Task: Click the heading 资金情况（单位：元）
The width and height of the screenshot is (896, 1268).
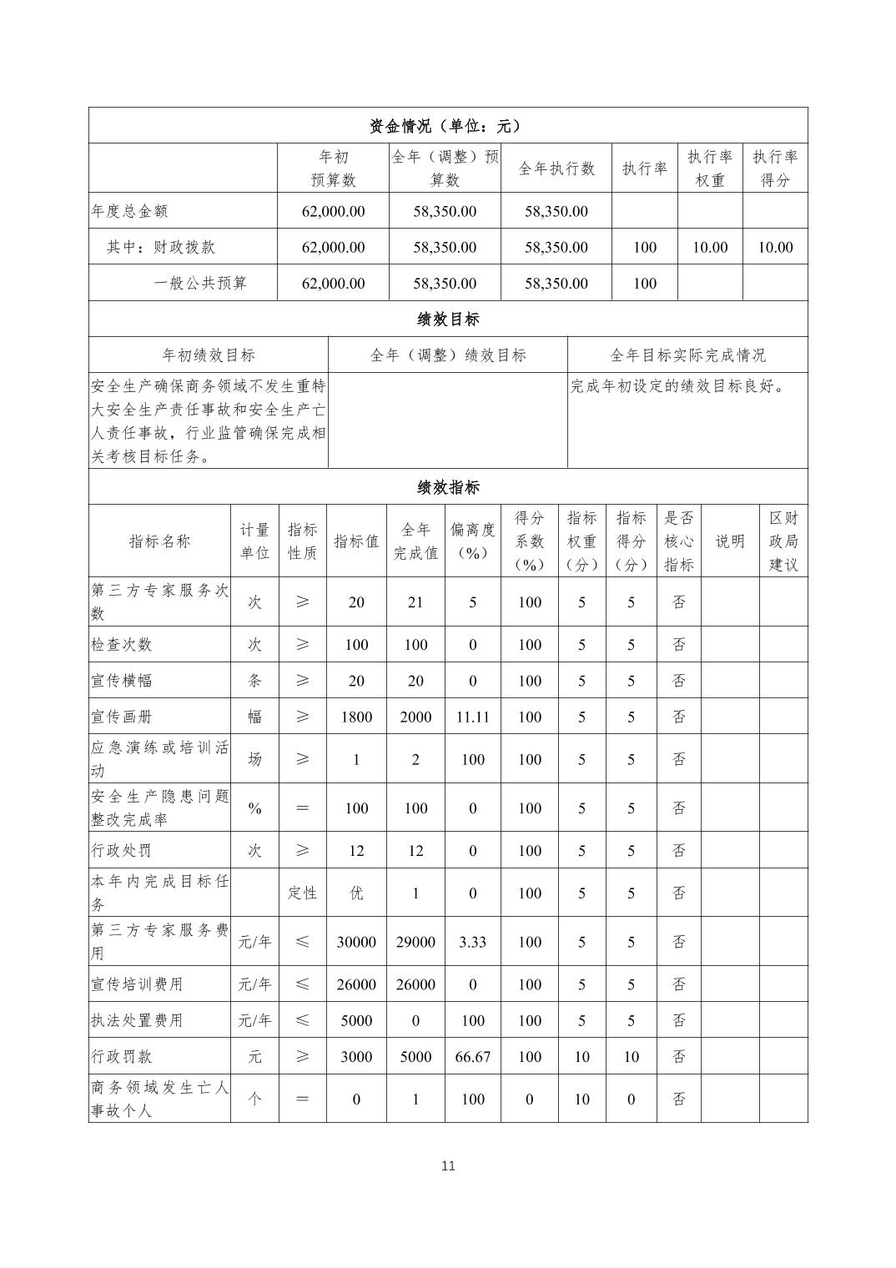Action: point(447,126)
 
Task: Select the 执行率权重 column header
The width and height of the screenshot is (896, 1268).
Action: point(709,169)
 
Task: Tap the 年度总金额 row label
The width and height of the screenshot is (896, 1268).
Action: point(129,211)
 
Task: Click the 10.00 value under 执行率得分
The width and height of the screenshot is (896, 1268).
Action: point(775,247)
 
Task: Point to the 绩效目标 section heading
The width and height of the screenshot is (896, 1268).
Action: point(448,319)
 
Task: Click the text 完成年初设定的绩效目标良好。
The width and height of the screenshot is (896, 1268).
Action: point(678,386)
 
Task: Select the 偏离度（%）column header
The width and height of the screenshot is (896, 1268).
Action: point(472,541)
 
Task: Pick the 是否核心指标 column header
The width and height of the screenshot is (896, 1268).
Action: point(679,541)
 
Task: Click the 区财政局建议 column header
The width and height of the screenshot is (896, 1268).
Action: point(783,541)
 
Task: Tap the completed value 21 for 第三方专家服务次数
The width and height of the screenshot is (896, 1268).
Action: point(415,602)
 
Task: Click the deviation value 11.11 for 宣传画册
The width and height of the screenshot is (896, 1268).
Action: point(472,717)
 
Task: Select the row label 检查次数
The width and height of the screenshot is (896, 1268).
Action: point(122,645)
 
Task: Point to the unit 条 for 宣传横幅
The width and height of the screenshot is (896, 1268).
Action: point(254,681)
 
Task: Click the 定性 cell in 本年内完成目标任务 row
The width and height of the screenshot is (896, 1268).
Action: point(302,893)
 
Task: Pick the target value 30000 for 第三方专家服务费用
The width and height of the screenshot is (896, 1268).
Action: point(356,942)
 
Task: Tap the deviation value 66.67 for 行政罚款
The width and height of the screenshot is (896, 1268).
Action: point(472,1056)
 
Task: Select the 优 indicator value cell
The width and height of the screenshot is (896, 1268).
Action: point(356,893)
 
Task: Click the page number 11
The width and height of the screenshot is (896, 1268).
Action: point(448,1165)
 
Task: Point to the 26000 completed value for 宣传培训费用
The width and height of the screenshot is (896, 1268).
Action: point(415,984)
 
